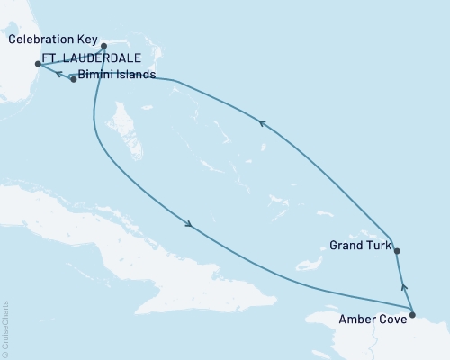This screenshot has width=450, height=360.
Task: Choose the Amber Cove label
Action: [x=370, y=318]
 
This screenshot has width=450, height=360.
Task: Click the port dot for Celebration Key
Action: [x=104, y=46]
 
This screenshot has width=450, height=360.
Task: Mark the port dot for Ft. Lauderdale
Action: [x=37, y=64]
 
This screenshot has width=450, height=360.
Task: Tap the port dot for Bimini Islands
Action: [x=73, y=80]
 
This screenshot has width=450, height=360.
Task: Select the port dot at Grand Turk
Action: [x=397, y=252]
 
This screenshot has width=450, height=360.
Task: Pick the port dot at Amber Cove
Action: [x=412, y=314]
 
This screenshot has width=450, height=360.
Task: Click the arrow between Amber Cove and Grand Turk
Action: [x=404, y=287]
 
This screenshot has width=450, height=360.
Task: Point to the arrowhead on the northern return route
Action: [x=262, y=125]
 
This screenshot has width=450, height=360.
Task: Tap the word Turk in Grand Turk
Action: [x=376, y=245]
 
